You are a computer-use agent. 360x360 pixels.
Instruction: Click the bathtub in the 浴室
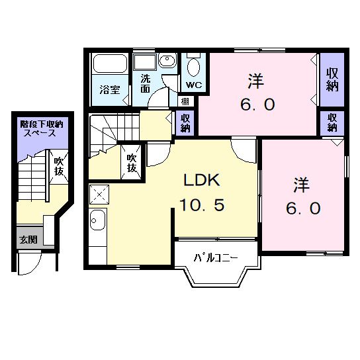[109, 65]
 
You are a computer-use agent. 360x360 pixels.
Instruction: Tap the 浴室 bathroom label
[110, 89]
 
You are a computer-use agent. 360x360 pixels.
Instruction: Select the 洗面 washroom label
[145, 83]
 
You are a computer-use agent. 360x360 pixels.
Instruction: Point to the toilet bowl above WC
[193, 67]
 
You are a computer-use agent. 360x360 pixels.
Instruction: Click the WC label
[193, 86]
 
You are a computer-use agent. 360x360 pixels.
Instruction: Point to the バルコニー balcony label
[216, 257]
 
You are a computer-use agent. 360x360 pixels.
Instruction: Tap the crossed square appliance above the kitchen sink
[101, 195]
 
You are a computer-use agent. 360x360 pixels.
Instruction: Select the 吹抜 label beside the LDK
[132, 163]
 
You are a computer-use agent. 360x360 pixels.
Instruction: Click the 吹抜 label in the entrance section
[59, 165]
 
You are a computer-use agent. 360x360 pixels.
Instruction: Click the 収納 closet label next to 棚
[187, 122]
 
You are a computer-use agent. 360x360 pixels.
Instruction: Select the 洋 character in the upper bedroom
[257, 82]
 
